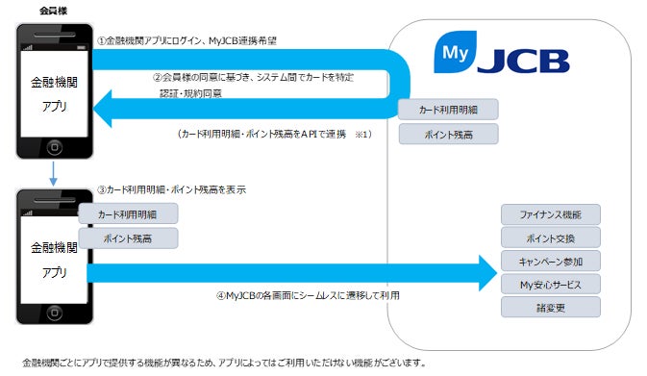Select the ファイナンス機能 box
[551, 213]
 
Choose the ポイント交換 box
[551, 237]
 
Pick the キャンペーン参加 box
[551, 261]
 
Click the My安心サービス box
[551, 284]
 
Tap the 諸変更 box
[551, 308]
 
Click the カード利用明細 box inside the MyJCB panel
[448, 110]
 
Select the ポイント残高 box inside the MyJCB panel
[448, 135]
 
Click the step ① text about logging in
[192, 40]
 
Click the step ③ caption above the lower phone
[172, 189]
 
